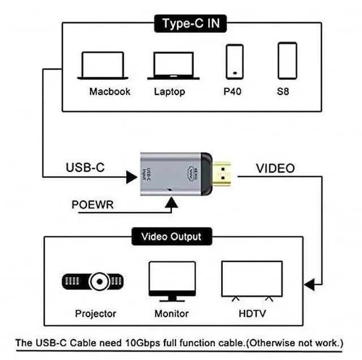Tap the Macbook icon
point(102,66)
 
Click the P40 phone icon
point(235,61)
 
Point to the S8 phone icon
point(287,61)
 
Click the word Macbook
point(110,91)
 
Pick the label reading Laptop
point(169,91)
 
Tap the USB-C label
point(85,168)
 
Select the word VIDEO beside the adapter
point(275,168)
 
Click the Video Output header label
point(171,236)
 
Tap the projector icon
point(93,281)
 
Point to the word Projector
point(96,313)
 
